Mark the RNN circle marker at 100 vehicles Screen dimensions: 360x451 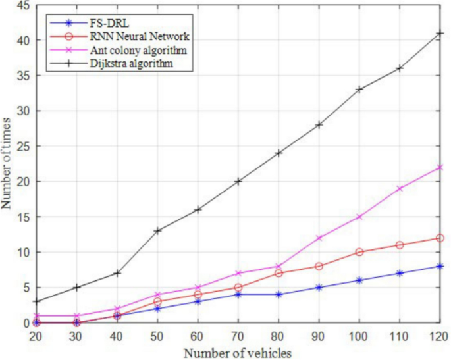point(358,252)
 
